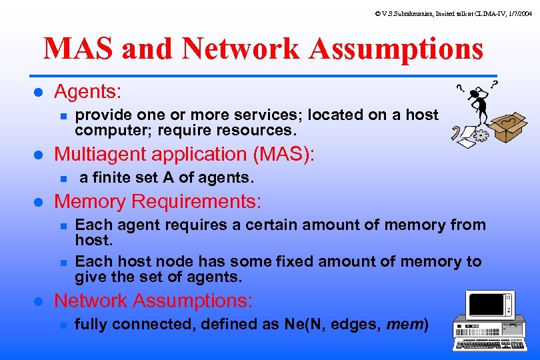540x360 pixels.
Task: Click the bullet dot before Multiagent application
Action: pyautogui.click(x=38, y=155)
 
